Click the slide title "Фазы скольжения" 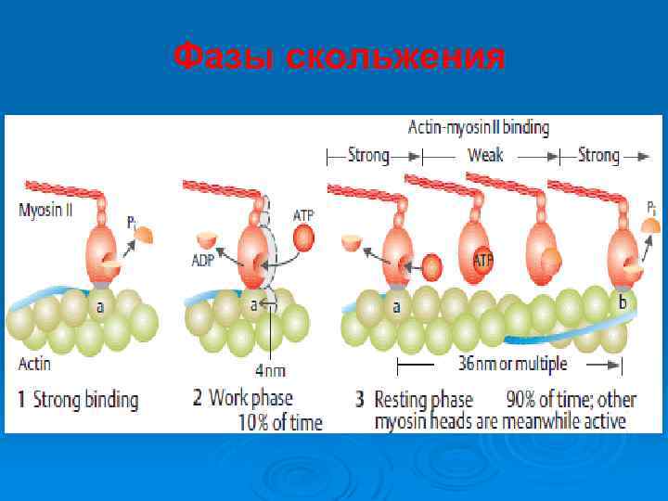click(339, 58)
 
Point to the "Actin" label click(35, 363)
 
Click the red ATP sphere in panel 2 click(303, 238)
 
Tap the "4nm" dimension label click(269, 371)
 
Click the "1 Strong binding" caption click(79, 401)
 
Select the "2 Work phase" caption click(242, 399)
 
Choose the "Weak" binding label click(485, 155)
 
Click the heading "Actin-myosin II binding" click(479, 127)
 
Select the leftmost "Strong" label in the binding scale click(368, 155)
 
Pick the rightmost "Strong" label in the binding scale click(598, 155)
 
